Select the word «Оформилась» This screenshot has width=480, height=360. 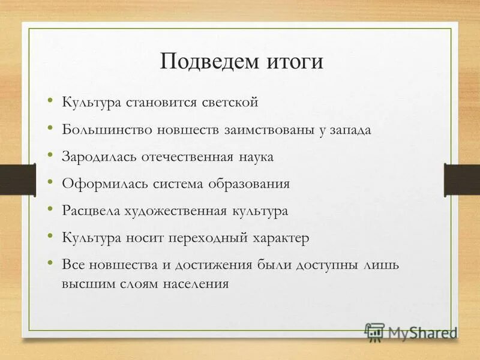tap(100, 184)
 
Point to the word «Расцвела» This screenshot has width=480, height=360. tap(91, 211)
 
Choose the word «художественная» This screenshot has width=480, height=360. tap(174, 211)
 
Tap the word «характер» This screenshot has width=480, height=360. tap(280, 238)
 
